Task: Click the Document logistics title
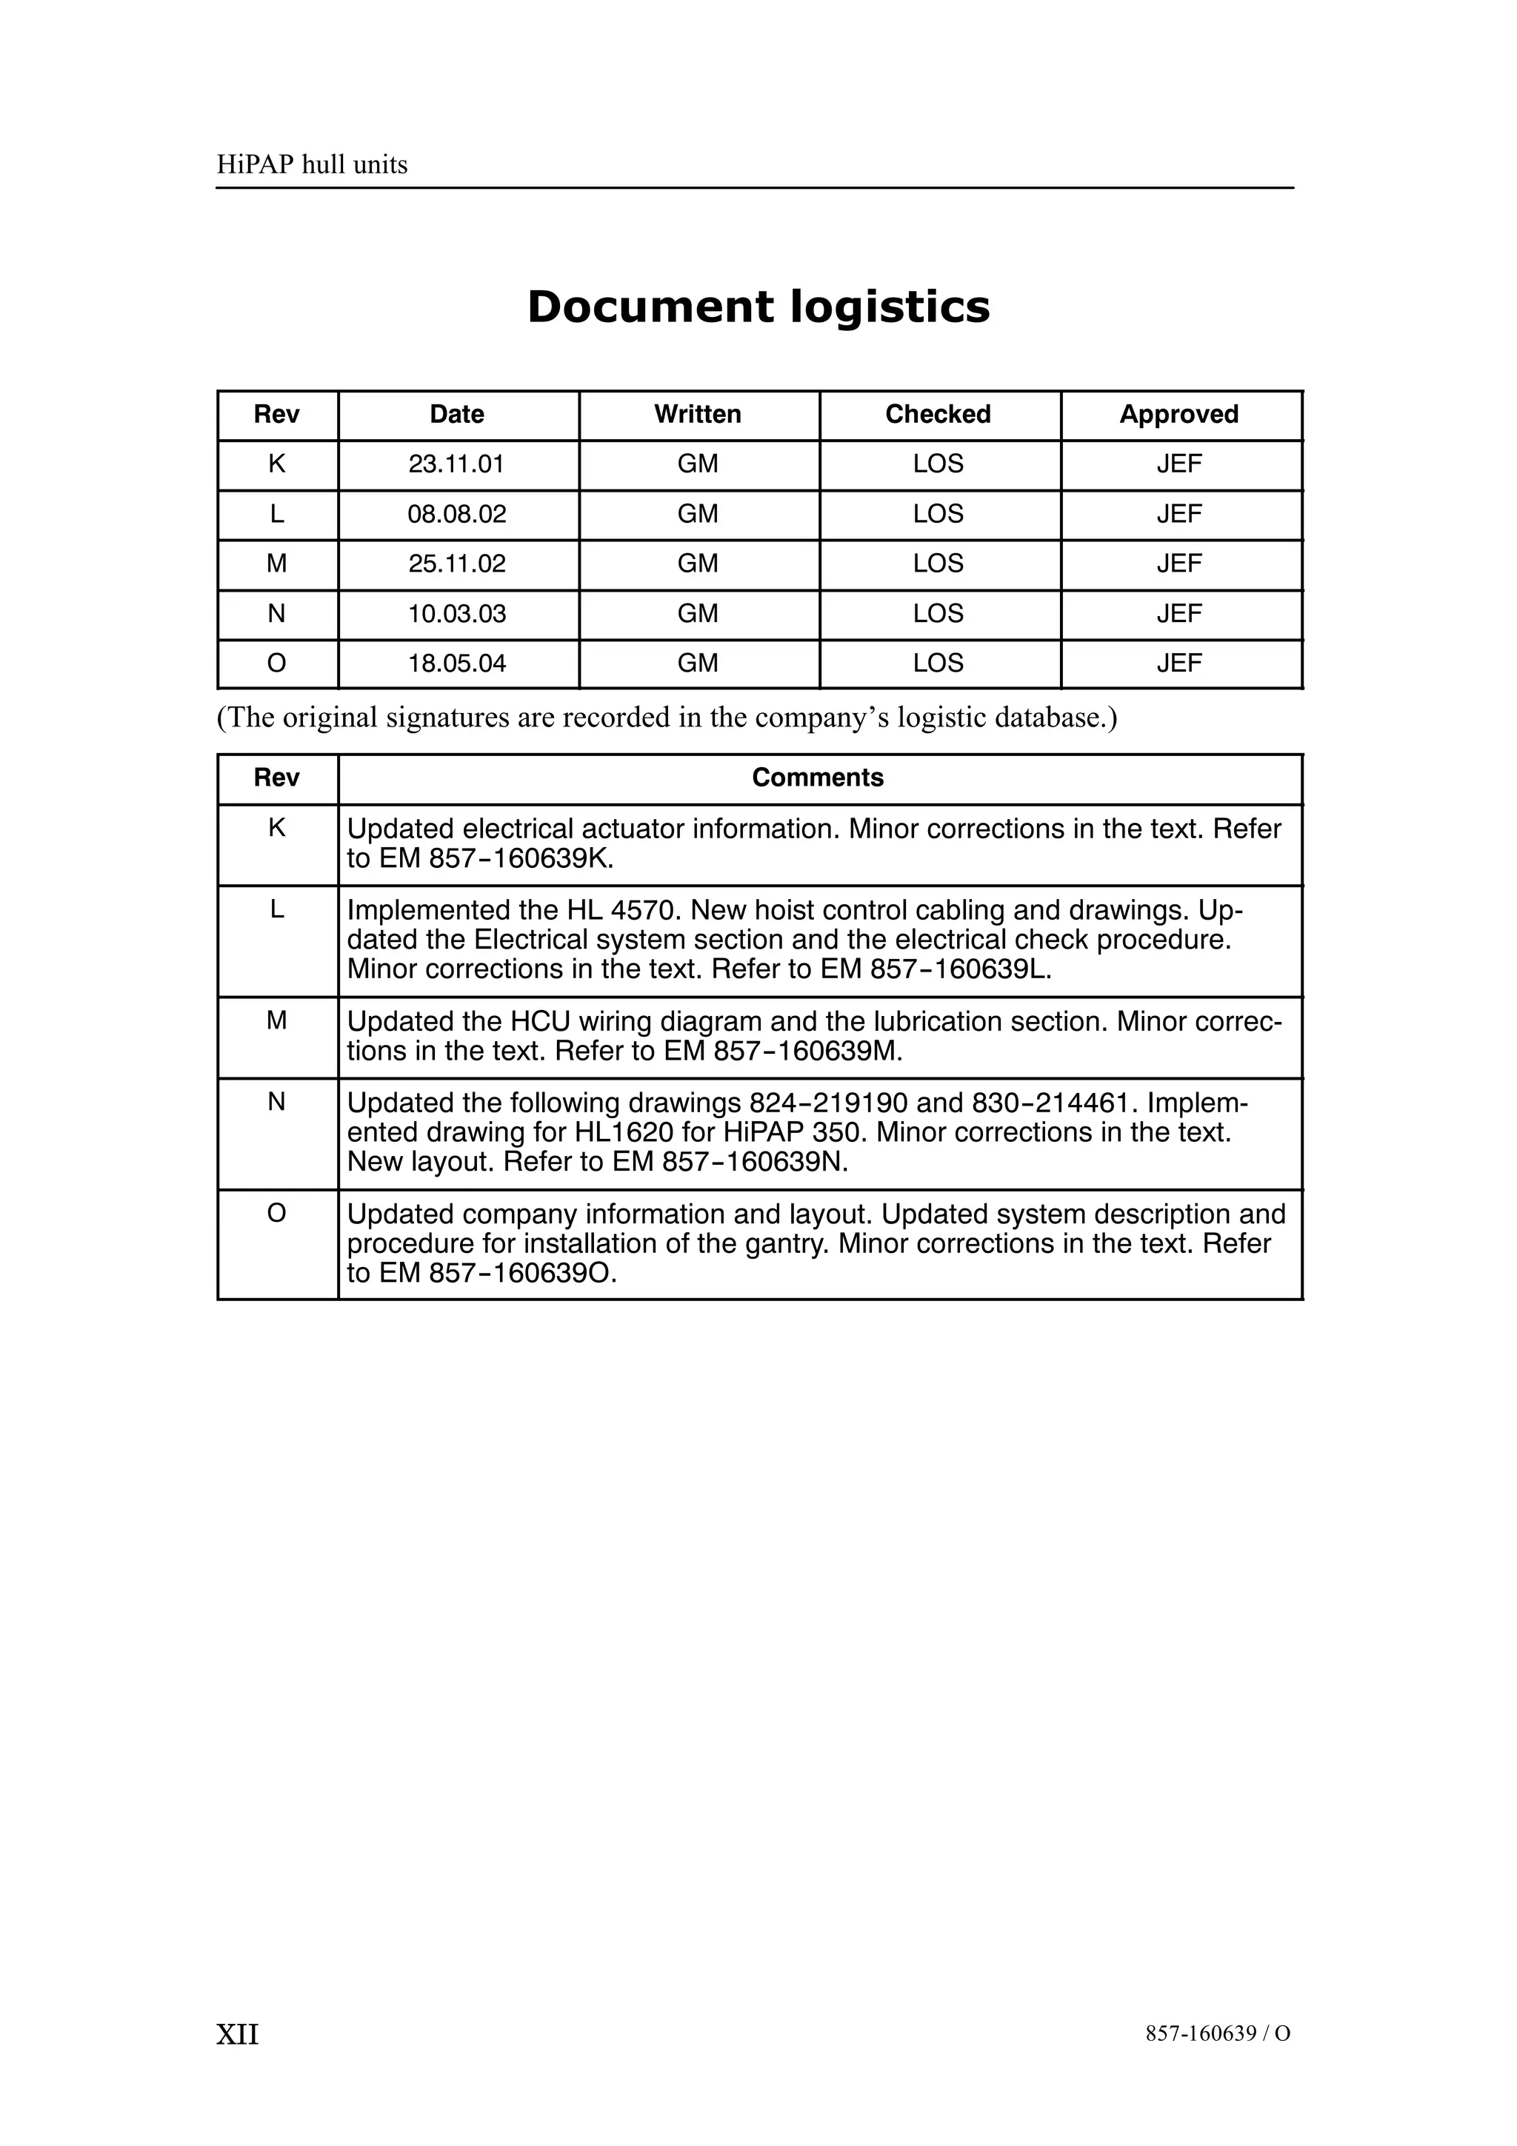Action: click(758, 307)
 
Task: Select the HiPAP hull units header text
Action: click(312, 165)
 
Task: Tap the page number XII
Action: click(238, 2034)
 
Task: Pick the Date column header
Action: click(457, 415)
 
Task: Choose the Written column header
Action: click(697, 415)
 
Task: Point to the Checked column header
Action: click(938, 415)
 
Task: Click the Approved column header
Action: click(1178, 415)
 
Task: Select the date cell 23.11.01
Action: click(456, 464)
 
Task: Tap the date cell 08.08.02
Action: click(456, 514)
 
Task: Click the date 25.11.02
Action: click(456, 564)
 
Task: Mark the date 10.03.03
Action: click(456, 614)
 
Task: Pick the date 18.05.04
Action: click(456, 663)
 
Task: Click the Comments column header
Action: click(818, 778)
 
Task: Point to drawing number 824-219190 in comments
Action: click(828, 1104)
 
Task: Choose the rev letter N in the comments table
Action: click(277, 1103)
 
